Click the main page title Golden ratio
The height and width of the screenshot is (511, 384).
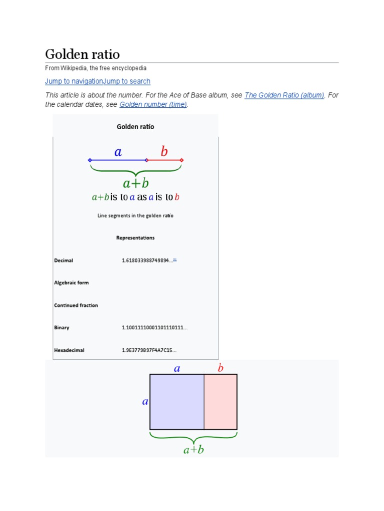[x=82, y=54]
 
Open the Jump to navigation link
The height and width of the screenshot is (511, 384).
[x=73, y=81]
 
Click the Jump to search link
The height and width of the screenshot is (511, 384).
[x=126, y=81]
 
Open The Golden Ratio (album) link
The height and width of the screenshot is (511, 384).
[x=284, y=95]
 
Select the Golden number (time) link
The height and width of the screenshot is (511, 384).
[x=153, y=104]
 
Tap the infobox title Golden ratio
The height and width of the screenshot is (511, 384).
[x=135, y=127]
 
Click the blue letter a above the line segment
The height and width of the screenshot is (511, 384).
[x=118, y=152]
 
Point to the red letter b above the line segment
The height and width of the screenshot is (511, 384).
[x=164, y=152]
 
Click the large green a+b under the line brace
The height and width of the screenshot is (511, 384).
[x=136, y=183]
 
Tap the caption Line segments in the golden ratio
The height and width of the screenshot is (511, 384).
[x=135, y=216]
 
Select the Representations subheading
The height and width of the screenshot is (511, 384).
[x=135, y=238]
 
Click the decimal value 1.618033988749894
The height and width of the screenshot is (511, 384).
[x=147, y=260]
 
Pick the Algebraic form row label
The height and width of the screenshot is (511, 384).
[x=71, y=283]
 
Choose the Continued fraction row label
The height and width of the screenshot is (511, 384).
[x=76, y=305]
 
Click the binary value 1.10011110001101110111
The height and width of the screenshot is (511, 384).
[x=154, y=328]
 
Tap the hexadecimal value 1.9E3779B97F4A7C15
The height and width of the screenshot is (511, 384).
[x=149, y=350]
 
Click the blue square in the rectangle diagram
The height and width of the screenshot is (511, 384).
[x=177, y=402]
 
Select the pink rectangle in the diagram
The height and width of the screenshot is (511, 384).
[x=220, y=402]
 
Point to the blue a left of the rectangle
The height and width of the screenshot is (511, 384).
[x=145, y=401]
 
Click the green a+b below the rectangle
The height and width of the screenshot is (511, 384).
[x=193, y=450]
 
